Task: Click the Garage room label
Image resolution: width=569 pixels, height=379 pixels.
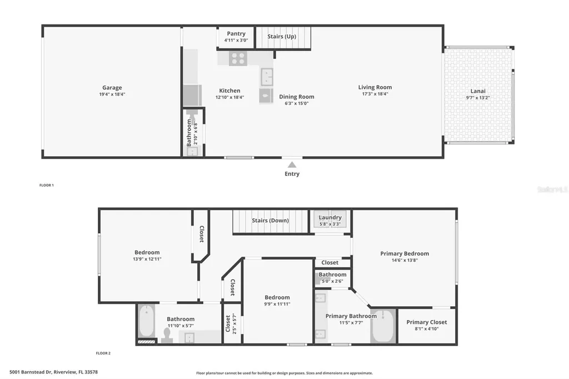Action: pyautogui.click(x=112, y=88)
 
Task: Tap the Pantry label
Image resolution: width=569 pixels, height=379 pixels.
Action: pyautogui.click(x=236, y=34)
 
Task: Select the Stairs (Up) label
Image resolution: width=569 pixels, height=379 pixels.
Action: pyautogui.click(x=282, y=37)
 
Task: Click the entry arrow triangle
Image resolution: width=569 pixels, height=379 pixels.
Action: pyautogui.click(x=292, y=164)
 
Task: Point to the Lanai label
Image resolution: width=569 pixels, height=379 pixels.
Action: pyautogui.click(x=478, y=91)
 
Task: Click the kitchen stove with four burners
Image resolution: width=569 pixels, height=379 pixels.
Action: pyautogui.click(x=238, y=58)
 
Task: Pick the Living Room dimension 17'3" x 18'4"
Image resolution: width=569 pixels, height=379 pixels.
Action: pyautogui.click(x=375, y=94)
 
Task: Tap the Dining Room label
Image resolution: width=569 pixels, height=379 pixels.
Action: pyautogui.click(x=296, y=97)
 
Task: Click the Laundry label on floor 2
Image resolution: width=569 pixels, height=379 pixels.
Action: pyautogui.click(x=330, y=217)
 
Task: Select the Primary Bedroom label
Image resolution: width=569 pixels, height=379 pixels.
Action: pyautogui.click(x=405, y=254)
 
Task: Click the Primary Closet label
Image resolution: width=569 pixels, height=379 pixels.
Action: pyautogui.click(x=426, y=322)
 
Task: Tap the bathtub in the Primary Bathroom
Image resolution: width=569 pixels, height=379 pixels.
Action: pyautogui.click(x=383, y=326)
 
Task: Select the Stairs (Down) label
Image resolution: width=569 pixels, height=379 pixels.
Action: pyautogui.click(x=270, y=221)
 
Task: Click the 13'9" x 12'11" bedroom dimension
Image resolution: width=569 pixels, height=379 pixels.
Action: pyautogui.click(x=147, y=259)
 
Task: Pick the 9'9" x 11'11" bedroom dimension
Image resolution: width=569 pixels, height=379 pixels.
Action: pyautogui.click(x=277, y=304)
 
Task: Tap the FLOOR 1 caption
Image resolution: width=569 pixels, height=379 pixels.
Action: pyautogui.click(x=46, y=185)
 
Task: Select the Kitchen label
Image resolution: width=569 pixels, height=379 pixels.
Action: pyautogui.click(x=229, y=91)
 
